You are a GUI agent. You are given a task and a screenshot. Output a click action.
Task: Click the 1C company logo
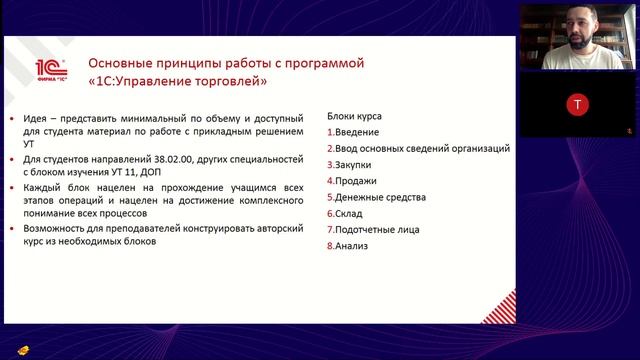50,70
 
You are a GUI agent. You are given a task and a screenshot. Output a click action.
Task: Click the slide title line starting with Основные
226,63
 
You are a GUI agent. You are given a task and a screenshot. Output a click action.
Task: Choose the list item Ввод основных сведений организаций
420,148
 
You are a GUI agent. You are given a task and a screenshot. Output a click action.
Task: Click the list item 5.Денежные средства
375,197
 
